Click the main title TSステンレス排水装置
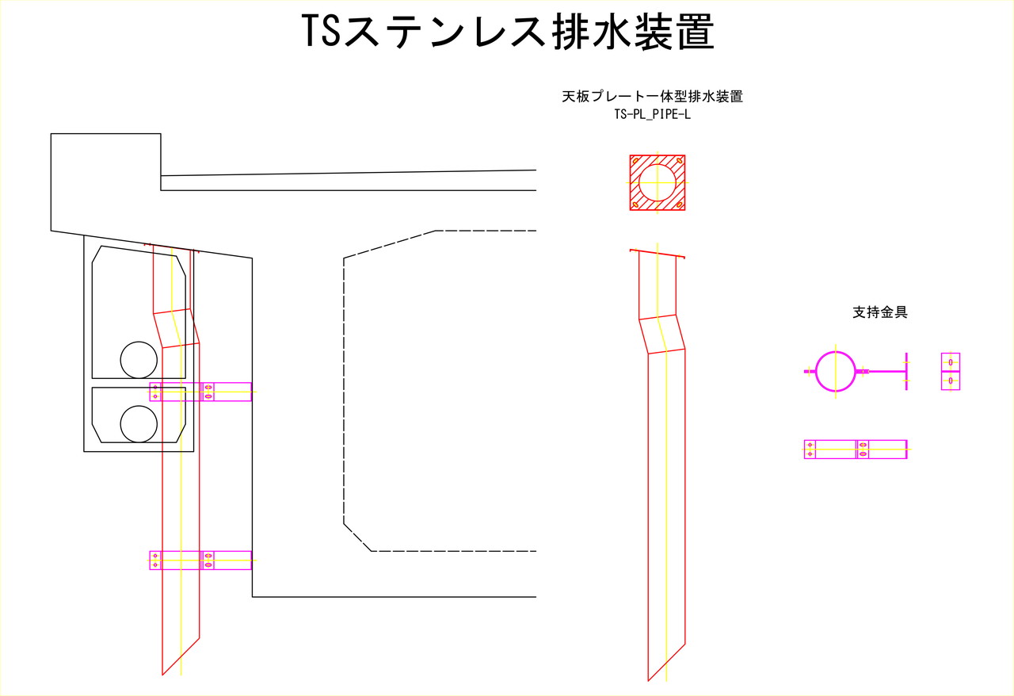pyautogui.click(x=508, y=31)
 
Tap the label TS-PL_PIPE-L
pyautogui.click(x=652, y=115)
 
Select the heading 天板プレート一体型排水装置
pyautogui.click(x=652, y=97)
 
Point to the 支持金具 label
pyautogui.click(x=880, y=312)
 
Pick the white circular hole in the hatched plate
pyautogui.click(x=658, y=182)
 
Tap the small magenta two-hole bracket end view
pyautogui.click(x=951, y=372)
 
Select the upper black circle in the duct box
pyautogui.click(x=139, y=360)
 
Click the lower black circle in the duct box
pyautogui.click(x=139, y=424)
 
